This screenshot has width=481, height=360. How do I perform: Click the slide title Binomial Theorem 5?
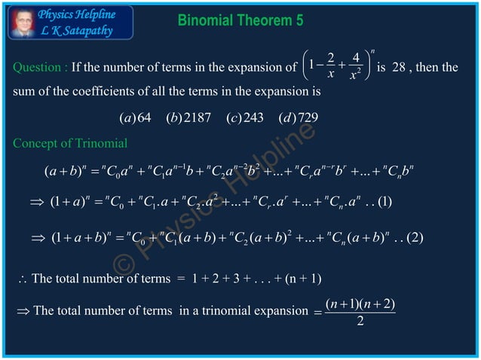240,20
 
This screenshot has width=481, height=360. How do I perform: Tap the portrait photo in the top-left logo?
23,22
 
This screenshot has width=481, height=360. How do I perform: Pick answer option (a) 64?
136,118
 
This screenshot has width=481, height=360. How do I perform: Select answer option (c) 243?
244,118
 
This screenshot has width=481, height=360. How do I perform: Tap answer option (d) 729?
297,118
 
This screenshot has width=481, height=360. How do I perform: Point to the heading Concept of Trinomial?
70,143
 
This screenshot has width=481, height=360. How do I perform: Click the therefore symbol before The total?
22,280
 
